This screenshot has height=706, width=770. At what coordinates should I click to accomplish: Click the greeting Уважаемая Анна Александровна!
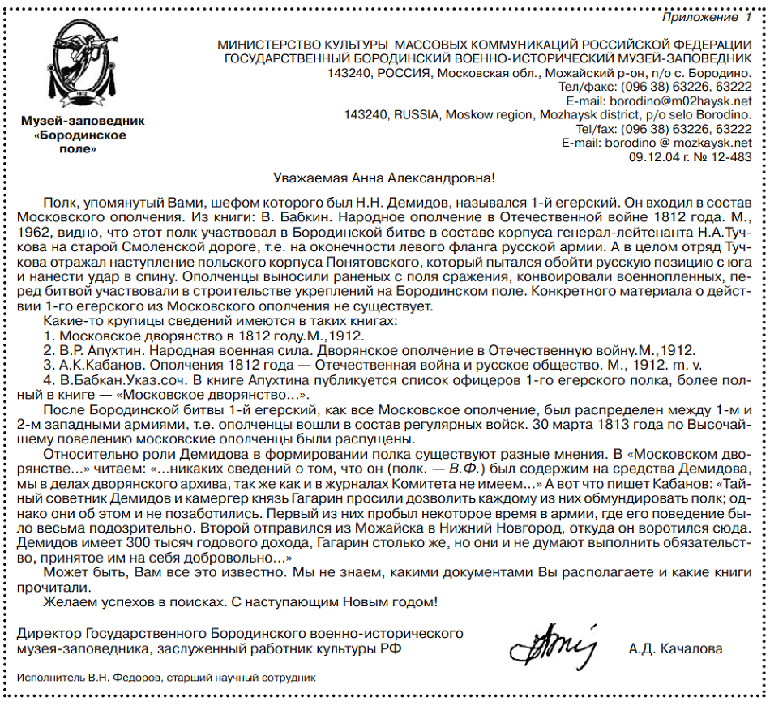point(383,178)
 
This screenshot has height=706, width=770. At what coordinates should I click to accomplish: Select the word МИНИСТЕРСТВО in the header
point(270,45)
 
